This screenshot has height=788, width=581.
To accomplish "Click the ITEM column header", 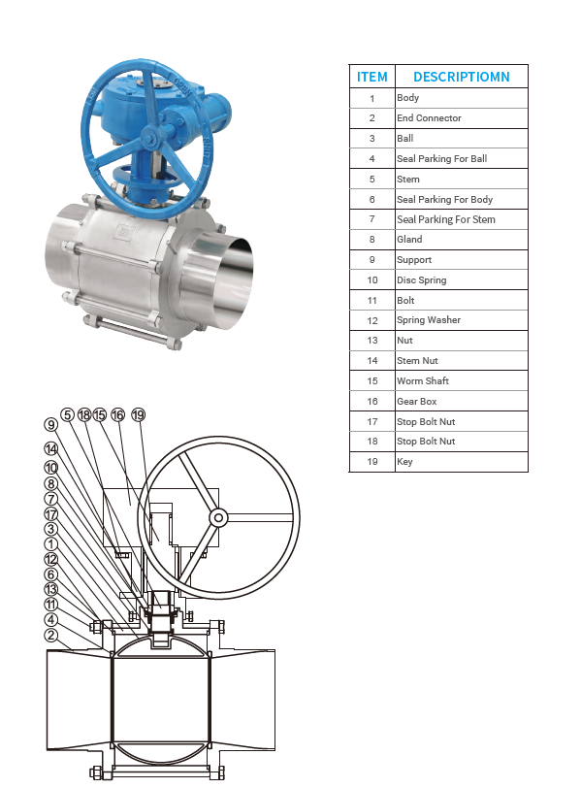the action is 372,77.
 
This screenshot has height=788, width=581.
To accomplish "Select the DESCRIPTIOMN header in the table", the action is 462,77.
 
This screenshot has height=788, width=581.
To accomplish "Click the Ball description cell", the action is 405,138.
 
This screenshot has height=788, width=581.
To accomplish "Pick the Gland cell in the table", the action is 409,239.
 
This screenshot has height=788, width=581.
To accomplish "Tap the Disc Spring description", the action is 421,279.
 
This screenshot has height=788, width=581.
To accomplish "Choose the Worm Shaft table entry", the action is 423,381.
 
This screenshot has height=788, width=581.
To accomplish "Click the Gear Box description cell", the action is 417,401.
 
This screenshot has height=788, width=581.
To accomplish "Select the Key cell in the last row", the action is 404,461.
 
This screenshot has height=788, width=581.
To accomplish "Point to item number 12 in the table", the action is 372,320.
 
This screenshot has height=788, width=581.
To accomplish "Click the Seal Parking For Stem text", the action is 446,219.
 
